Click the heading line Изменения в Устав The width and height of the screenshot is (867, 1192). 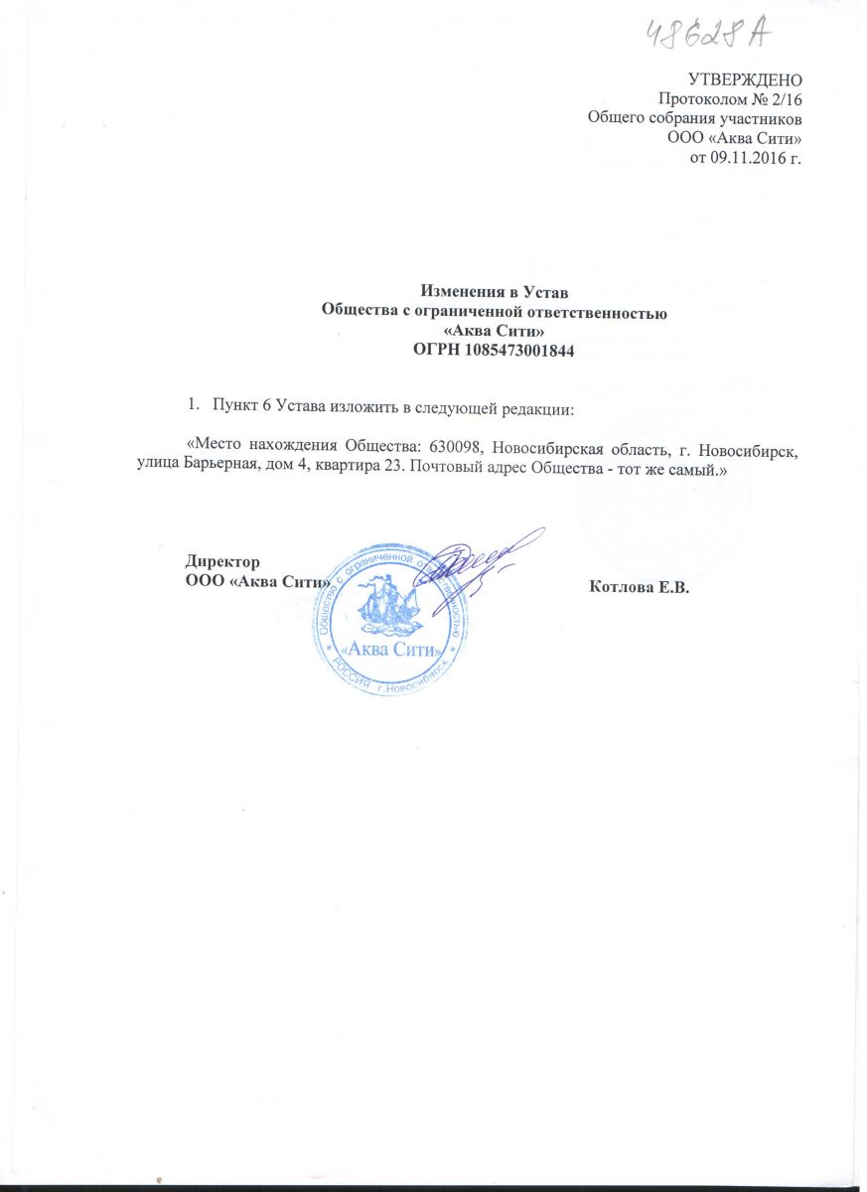tap(494, 292)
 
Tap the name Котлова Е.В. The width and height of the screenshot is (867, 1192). tap(639, 585)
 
